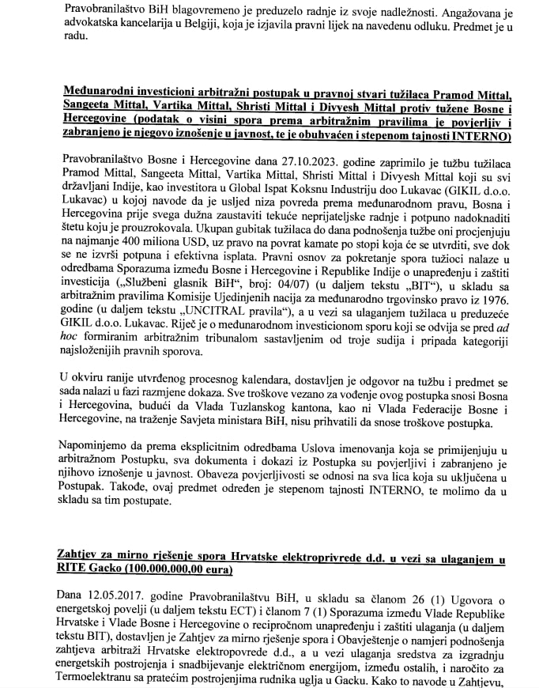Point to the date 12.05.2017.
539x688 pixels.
tap(106, 593)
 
